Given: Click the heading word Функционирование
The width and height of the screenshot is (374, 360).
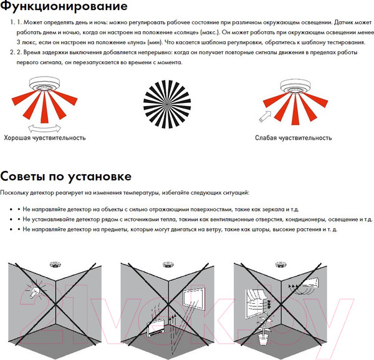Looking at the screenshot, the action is [x=64, y=7].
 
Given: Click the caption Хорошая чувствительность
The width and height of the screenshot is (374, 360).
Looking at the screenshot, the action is [x=45, y=138].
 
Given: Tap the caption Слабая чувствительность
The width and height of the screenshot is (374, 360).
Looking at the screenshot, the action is [x=294, y=138].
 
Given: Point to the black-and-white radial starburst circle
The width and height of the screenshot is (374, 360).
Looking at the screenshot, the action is [x=167, y=104].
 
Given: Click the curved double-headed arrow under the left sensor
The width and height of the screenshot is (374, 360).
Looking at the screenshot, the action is [x=44, y=128].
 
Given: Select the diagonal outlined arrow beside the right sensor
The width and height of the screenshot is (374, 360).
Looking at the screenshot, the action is [x=265, y=117].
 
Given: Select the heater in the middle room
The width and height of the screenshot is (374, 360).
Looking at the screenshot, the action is [x=158, y=328].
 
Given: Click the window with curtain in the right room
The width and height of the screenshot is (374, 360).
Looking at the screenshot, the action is [x=256, y=303].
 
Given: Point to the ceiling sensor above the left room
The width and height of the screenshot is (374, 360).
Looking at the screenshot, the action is [x=55, y=265].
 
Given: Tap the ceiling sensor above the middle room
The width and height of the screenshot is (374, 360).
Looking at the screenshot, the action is [x=168, y=265].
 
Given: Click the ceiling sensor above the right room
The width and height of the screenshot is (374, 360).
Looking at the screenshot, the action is [x=280, y=265].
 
